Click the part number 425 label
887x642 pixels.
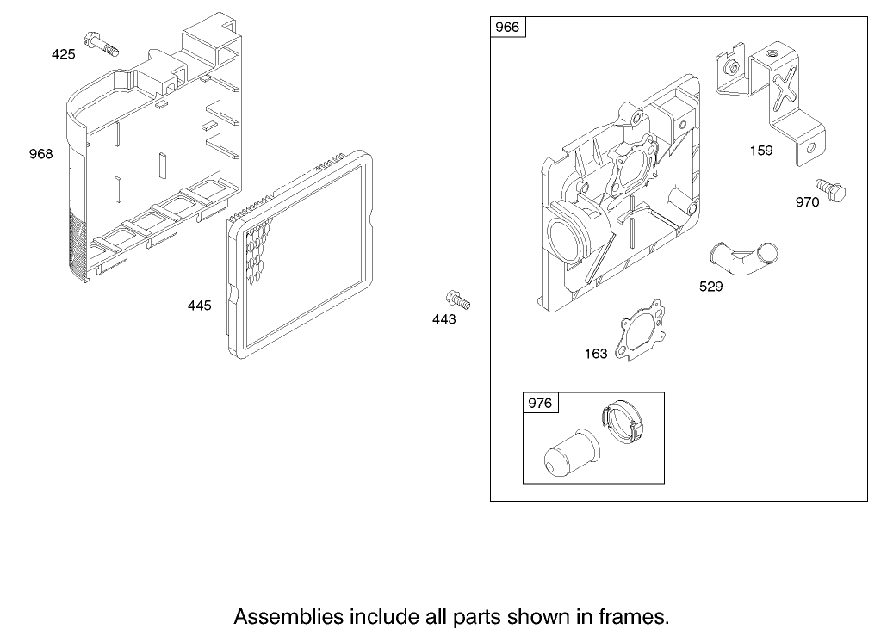click(x=64, y=54)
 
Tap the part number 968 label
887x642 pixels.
click(x=40, y=154)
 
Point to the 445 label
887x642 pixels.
click(x=200, y=306)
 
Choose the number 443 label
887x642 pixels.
click(x=444, y=320)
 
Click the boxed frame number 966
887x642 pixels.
click(x=507, y=28)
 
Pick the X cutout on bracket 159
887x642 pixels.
click(x=785, y=86)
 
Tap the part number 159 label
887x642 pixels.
click(x=761, y=151)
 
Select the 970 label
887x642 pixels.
click(x=807, y=202)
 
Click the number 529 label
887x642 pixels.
click(x=711, y=287)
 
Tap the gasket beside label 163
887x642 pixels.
click(x=639, y=330)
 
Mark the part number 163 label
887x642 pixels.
click(x=596, y=354)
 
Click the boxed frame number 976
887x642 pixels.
click(x=540, y=403)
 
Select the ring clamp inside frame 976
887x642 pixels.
click(x=623, y=422)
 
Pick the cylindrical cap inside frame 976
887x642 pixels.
click(x=570, y=454)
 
